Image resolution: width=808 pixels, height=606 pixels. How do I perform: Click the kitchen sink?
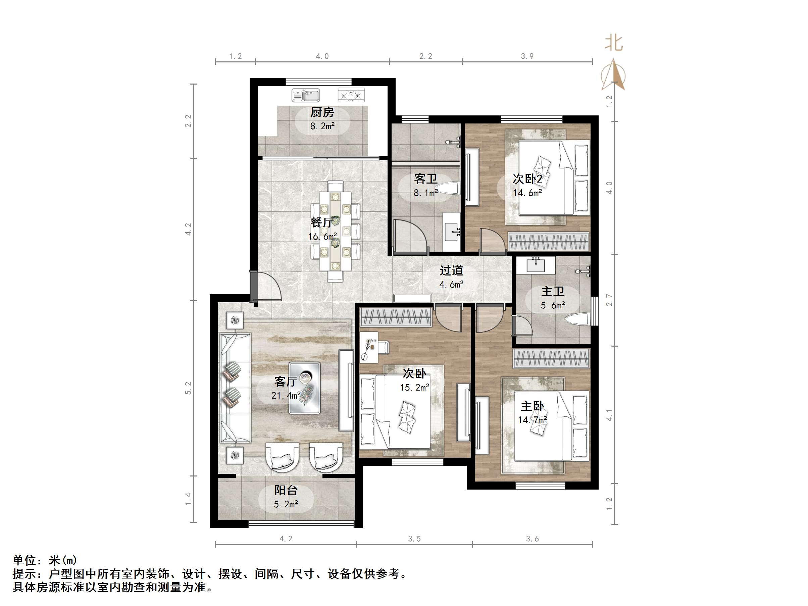pyautogui.click(x=306, y=95)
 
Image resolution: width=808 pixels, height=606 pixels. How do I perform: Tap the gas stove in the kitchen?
pyautogui.click(x=351, y=95)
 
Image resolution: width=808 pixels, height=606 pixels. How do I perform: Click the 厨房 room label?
pyautogui.click(x=322, y=112)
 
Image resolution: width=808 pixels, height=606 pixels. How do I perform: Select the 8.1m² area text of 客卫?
pyautogui.click(x=425, y=193)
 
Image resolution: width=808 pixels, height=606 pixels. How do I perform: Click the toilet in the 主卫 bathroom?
pyautogui.click(x=577, y=319)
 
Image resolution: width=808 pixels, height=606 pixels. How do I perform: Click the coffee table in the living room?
pyautogui.click(x=305, y=388)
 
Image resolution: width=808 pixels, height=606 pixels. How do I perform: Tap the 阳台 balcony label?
pyautogui.click(x=286, y=490)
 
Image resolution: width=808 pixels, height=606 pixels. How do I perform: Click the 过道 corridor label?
pyautogui.click(x=452, y=270)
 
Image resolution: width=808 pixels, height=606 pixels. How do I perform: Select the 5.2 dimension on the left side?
pyautogui.click(x=188, y=388)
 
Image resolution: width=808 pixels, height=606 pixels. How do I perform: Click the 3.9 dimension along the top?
pyautogui.click(x=527, y=56)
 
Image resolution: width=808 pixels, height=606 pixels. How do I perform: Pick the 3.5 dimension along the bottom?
pyautogui.click(x=414, y=539)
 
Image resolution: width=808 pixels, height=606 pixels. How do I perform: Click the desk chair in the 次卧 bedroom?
pyautogui.click(x=384, y=347)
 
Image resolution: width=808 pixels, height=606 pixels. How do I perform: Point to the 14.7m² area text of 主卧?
pyautogui.click(x=532, y=420)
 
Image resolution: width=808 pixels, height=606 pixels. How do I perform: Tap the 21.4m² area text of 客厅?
pyautogui.click(x=286, y=395)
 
